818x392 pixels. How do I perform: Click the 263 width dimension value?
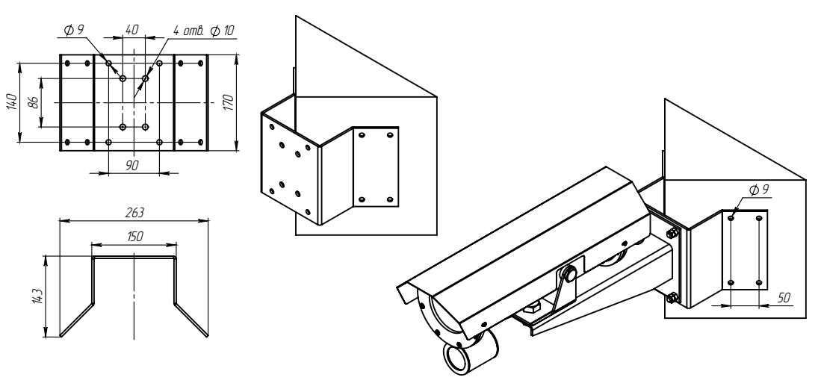point(134,213)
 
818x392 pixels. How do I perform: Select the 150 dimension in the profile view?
point(134,236)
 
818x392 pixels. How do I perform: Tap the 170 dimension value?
point(228,102)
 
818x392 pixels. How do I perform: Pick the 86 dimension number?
point(33,102)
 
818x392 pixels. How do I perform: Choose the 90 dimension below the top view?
point(132,165)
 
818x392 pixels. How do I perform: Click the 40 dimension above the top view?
point(132,30)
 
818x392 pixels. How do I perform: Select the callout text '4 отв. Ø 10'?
point(203,31)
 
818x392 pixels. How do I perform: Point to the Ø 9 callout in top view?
point(73,30)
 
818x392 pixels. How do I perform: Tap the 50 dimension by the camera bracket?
point(784,298)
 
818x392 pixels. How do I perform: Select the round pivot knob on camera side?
point(570,273)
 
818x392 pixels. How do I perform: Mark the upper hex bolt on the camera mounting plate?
point(672,232)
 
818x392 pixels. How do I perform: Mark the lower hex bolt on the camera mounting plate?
point(672,298)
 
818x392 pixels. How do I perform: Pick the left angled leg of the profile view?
point(77,319)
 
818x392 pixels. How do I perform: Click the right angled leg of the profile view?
point(191,319)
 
